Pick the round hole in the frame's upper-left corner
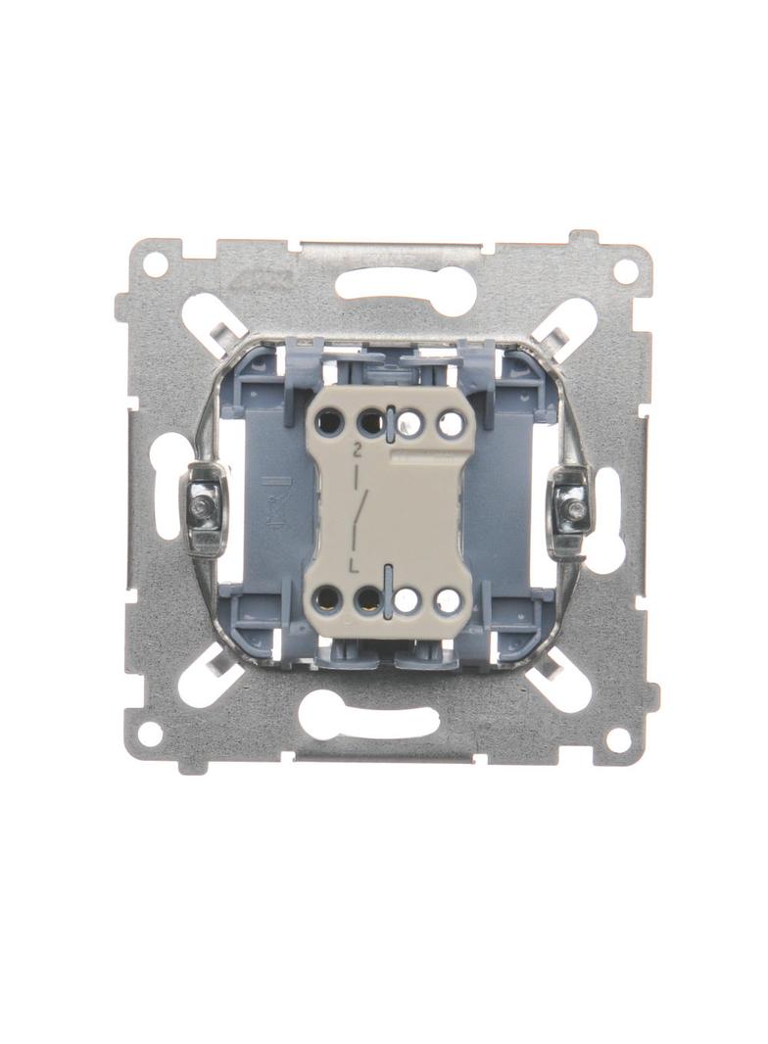[155, 263]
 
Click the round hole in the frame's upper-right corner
[623, 270]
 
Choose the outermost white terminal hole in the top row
[451, 423]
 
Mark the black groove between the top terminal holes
[389, 420]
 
